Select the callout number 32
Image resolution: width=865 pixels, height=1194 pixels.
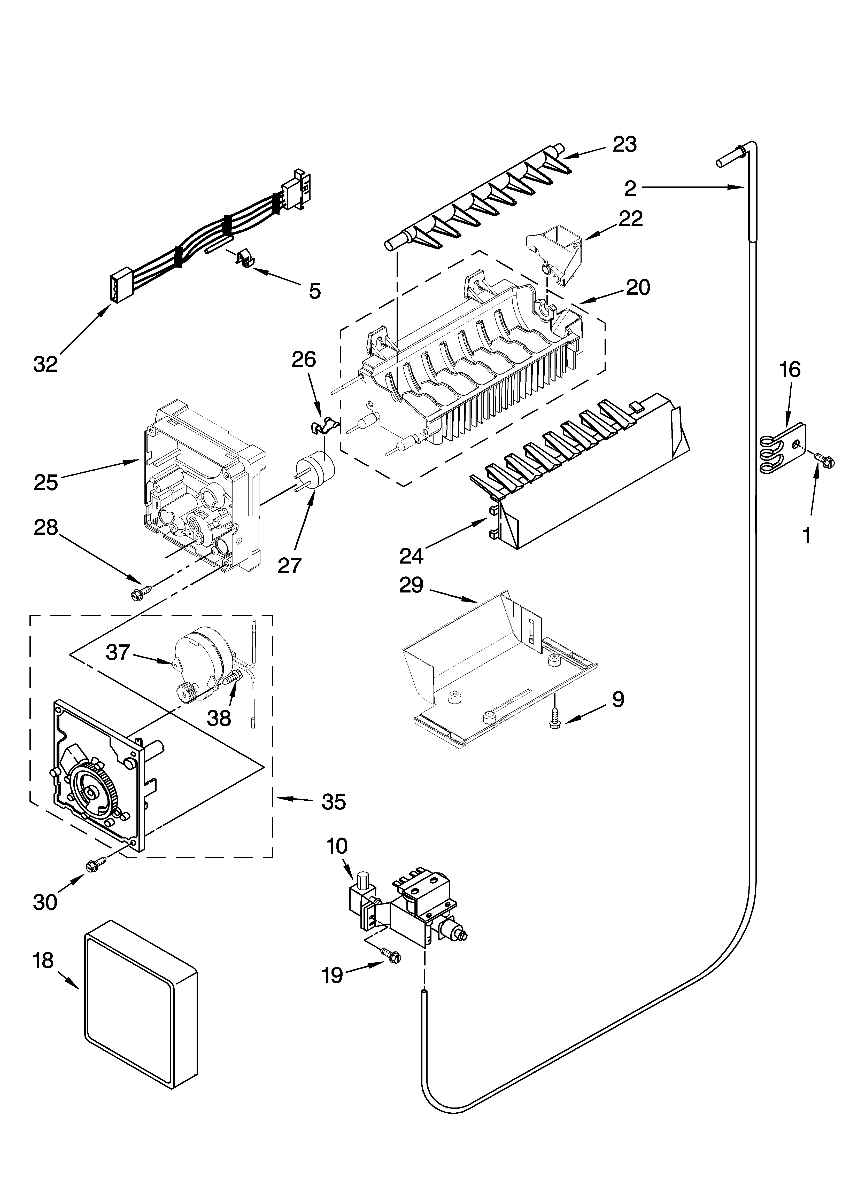coord(45,364)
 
